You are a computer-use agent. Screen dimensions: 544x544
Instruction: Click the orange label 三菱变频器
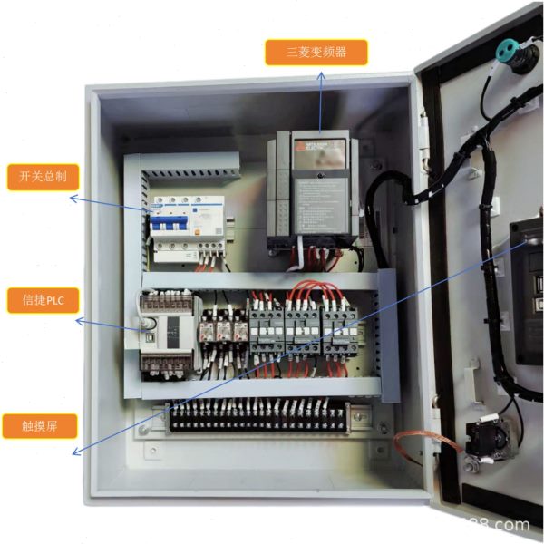[316, 53]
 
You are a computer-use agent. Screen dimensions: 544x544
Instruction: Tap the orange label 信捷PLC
[43, 298]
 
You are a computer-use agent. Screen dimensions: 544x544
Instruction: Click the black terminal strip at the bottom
[258, 420]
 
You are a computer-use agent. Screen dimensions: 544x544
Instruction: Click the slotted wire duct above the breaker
[189, 168]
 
